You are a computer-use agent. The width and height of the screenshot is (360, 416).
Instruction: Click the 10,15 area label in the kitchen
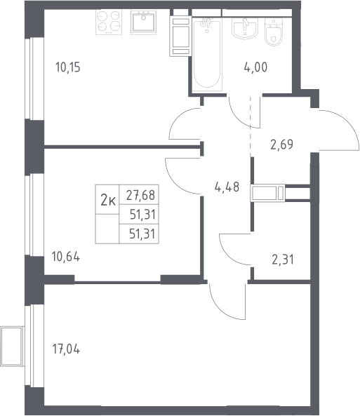[x=68, y=67]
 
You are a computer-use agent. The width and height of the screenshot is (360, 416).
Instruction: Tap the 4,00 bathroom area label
[x=255, y=67]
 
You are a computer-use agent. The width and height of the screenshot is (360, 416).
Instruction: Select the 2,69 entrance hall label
[x=281, y=145]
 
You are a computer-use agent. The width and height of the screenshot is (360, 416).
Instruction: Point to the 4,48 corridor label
[x=227, y=187]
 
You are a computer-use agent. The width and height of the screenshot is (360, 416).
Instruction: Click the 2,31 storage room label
[x=283, y=260]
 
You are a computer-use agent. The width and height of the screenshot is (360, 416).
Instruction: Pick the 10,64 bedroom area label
[x=66, y=257]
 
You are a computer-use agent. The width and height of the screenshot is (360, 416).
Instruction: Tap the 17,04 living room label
[x=66, y=349]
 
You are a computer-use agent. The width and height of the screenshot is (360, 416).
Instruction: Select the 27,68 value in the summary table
[x=140, y=195]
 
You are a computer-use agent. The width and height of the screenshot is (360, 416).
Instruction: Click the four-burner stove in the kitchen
[x=109, y=22]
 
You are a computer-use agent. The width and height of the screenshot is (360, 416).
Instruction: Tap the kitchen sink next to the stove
[x=143, y=22]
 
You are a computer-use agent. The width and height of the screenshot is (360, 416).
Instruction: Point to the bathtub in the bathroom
[x=207, y=54]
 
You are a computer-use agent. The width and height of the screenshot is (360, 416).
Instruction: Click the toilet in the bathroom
[x=274, y=32]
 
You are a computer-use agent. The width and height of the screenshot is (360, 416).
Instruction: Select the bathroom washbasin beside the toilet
[x=245, y=28]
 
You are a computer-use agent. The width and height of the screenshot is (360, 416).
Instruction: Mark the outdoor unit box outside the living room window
[x=12, y=347]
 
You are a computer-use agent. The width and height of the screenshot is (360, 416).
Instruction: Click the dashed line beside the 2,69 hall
[x=251, y=126]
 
